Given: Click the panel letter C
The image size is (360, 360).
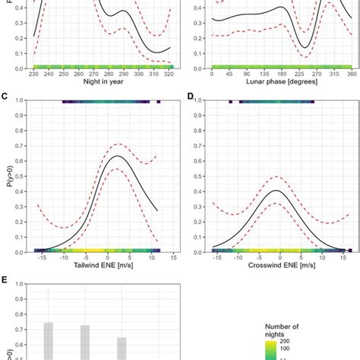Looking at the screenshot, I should click(5, 96).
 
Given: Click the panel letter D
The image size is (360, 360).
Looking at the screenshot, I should click(190, 96).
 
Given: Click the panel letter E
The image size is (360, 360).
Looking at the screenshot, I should click(5, 279).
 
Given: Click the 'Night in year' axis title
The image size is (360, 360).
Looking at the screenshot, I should click(96, 81).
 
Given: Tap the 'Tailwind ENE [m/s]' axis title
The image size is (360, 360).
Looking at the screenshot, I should click(96, 265).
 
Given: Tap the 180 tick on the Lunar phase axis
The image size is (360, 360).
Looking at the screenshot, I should click(281, 74).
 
